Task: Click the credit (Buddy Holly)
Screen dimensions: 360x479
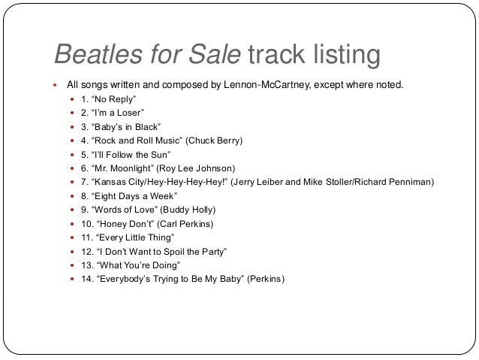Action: point(191,210)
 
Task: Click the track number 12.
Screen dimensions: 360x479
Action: point(86,251)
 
